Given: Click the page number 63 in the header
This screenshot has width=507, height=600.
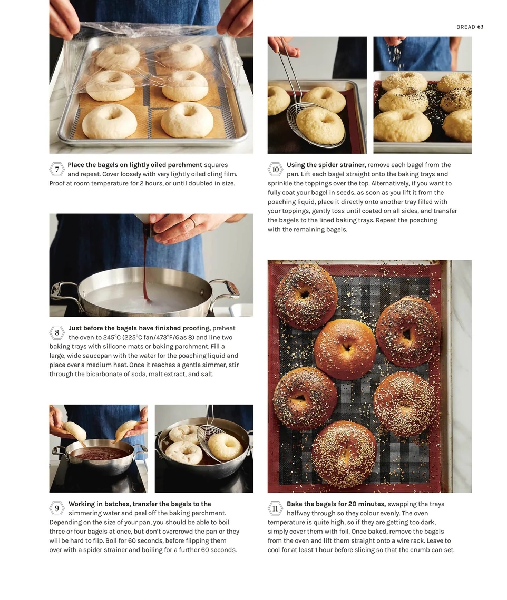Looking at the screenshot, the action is [x=480, y=27].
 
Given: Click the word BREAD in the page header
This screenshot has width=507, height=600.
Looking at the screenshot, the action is [x=466, y=27].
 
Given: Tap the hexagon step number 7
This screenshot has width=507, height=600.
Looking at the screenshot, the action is [x=57, y=170].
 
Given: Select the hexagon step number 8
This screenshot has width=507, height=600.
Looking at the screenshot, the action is [x=57, y=332].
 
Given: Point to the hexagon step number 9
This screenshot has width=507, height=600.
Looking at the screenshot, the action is [x=57, y=508].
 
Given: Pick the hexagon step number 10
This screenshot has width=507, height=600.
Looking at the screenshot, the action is [x=275, y=170].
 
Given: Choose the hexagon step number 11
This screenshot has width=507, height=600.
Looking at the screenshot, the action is [x=275, y=508].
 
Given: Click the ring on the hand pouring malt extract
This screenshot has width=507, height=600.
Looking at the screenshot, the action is [x=194, y=222].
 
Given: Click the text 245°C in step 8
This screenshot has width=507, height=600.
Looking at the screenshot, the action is [x=111, y=337].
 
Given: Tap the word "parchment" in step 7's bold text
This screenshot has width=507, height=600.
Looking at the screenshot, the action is [x=185, y=165].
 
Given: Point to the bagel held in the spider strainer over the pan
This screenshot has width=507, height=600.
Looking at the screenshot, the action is [x=225, y=446].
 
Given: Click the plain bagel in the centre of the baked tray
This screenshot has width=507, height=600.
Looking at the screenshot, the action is [x=345, y=349].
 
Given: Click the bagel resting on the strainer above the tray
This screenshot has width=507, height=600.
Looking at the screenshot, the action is [x=320, y=125].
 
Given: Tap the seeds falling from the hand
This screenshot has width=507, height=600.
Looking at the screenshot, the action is [x=396, y=57].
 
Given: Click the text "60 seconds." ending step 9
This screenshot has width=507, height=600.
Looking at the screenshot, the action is [x=219, y=550].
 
